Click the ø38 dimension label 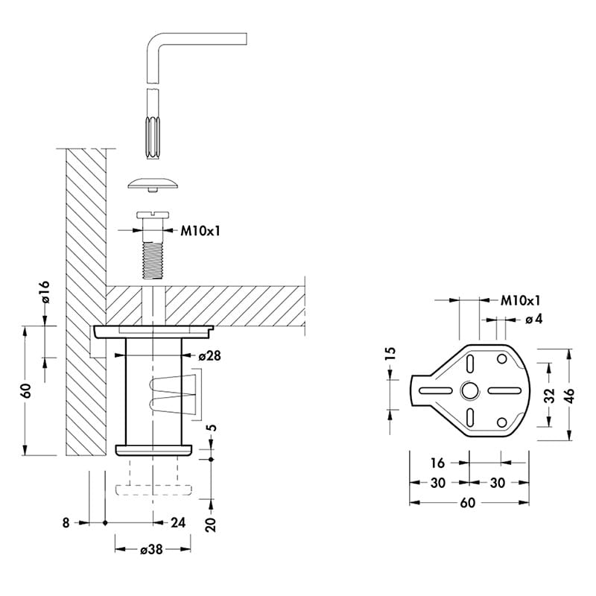click(151, 549)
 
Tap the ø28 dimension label click(209, 356)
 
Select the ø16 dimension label click(45, 292)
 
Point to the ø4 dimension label click(533, 319)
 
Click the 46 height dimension click(570, 396)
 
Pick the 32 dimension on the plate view click(550, 396)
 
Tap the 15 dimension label click(390, 354)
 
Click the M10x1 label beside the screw click(200, 230)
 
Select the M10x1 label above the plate click(520, 300)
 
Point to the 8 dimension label click(66, 523)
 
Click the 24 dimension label click(178, 523)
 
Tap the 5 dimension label click(212, 427)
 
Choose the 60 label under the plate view click(468, 502)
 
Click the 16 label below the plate click(437, 463)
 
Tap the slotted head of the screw click(152, 215)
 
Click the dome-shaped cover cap click(153, 183)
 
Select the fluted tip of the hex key click(153, 138)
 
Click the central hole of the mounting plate click(470, 390)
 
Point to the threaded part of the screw click(153, 260)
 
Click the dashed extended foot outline click(153, 476)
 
